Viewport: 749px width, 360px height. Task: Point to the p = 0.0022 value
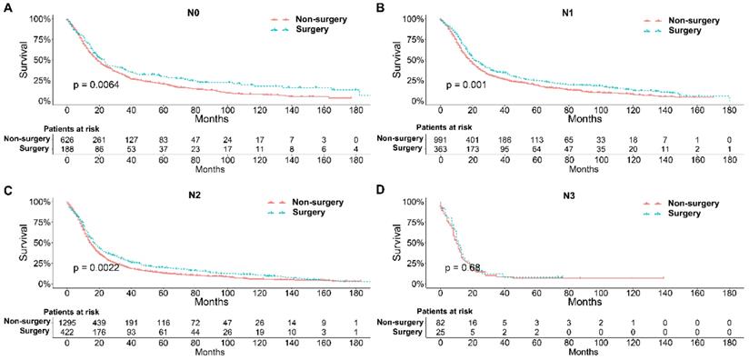pyautogui.click(x=97, y=268)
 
